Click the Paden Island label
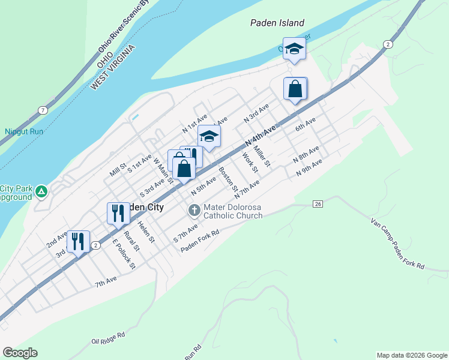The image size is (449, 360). coord(277,23)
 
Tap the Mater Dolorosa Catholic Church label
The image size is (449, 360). coord(233,212)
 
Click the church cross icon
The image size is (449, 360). coord(194,210)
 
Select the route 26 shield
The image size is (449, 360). coord(318,204)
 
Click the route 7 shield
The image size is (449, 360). coord(42,110)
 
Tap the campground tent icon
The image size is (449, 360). coord(41,191)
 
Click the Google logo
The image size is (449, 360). coord(20,353)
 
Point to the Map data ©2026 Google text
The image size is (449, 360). coord(411,355)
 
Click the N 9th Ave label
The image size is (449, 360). coord(310,167)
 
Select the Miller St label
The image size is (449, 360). coord(262,156)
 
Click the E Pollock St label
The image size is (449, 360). coord(124,254)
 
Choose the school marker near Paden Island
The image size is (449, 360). coord(294,49)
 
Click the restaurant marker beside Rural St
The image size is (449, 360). coord(118,212)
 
